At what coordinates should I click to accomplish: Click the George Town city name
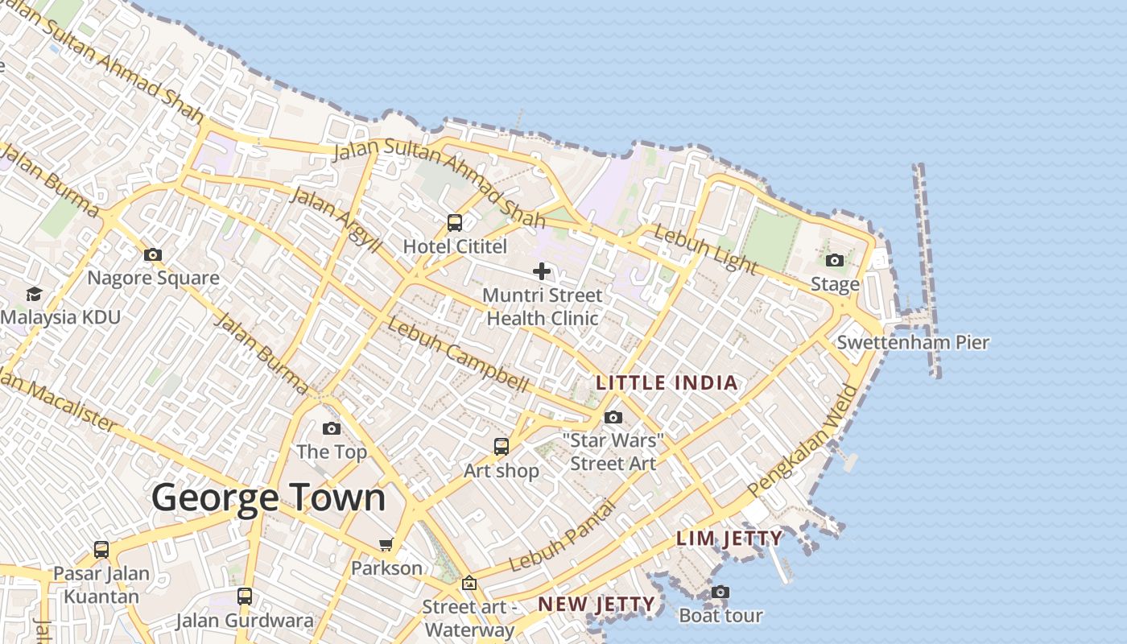269,497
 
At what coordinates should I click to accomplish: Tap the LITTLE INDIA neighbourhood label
667,382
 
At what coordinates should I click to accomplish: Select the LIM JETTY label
729,539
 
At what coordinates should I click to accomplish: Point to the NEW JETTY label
596,604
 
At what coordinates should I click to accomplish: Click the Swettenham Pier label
913,342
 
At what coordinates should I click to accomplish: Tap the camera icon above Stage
835,260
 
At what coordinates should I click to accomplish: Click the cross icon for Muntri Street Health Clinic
542,271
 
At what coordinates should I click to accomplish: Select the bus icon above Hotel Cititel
455,222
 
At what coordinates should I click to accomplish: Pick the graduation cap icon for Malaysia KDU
34,293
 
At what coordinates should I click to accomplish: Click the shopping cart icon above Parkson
386,545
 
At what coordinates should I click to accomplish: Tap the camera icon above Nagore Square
153,254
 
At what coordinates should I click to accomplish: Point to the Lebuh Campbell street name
457,354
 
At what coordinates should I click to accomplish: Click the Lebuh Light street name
706,249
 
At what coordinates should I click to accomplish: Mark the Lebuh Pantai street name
563,537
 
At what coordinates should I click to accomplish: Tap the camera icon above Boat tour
720,592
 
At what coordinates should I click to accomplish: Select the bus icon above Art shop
502,446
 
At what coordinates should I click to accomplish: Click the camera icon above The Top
332,428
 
